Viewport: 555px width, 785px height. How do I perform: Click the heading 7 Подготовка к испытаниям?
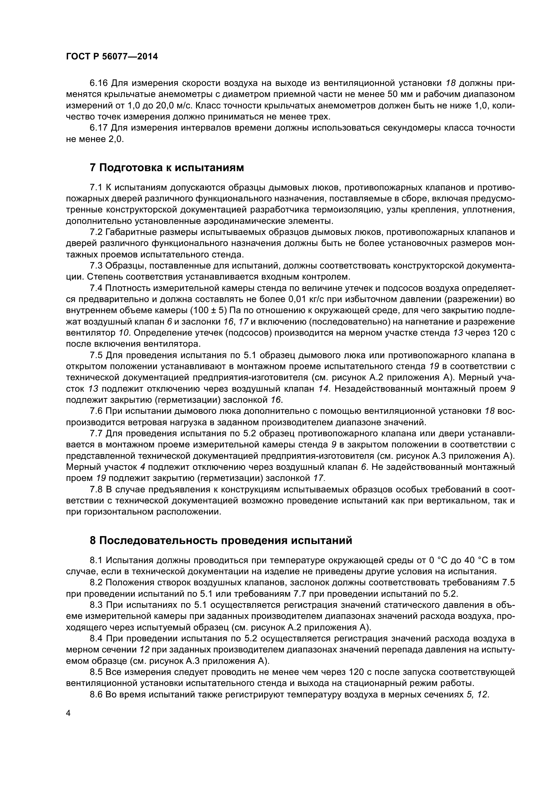[167, 168]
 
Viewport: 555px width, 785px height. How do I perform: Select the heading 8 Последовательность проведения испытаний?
[220, 540]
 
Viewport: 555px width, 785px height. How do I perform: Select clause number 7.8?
[96, 490]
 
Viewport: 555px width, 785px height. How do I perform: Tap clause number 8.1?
[96, 560]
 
